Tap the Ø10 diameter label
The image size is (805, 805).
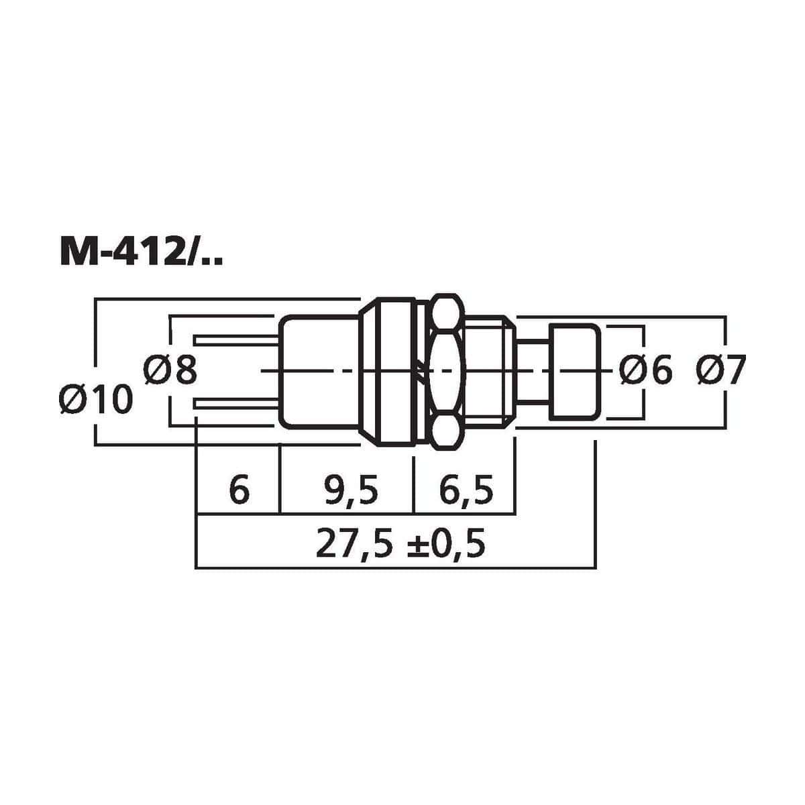pos(96,399)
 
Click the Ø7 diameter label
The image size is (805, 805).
pos(721,370)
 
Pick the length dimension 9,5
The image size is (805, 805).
pos(351,489)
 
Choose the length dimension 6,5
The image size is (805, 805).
pos(466,489)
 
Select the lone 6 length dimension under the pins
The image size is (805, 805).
pos(239,489)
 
